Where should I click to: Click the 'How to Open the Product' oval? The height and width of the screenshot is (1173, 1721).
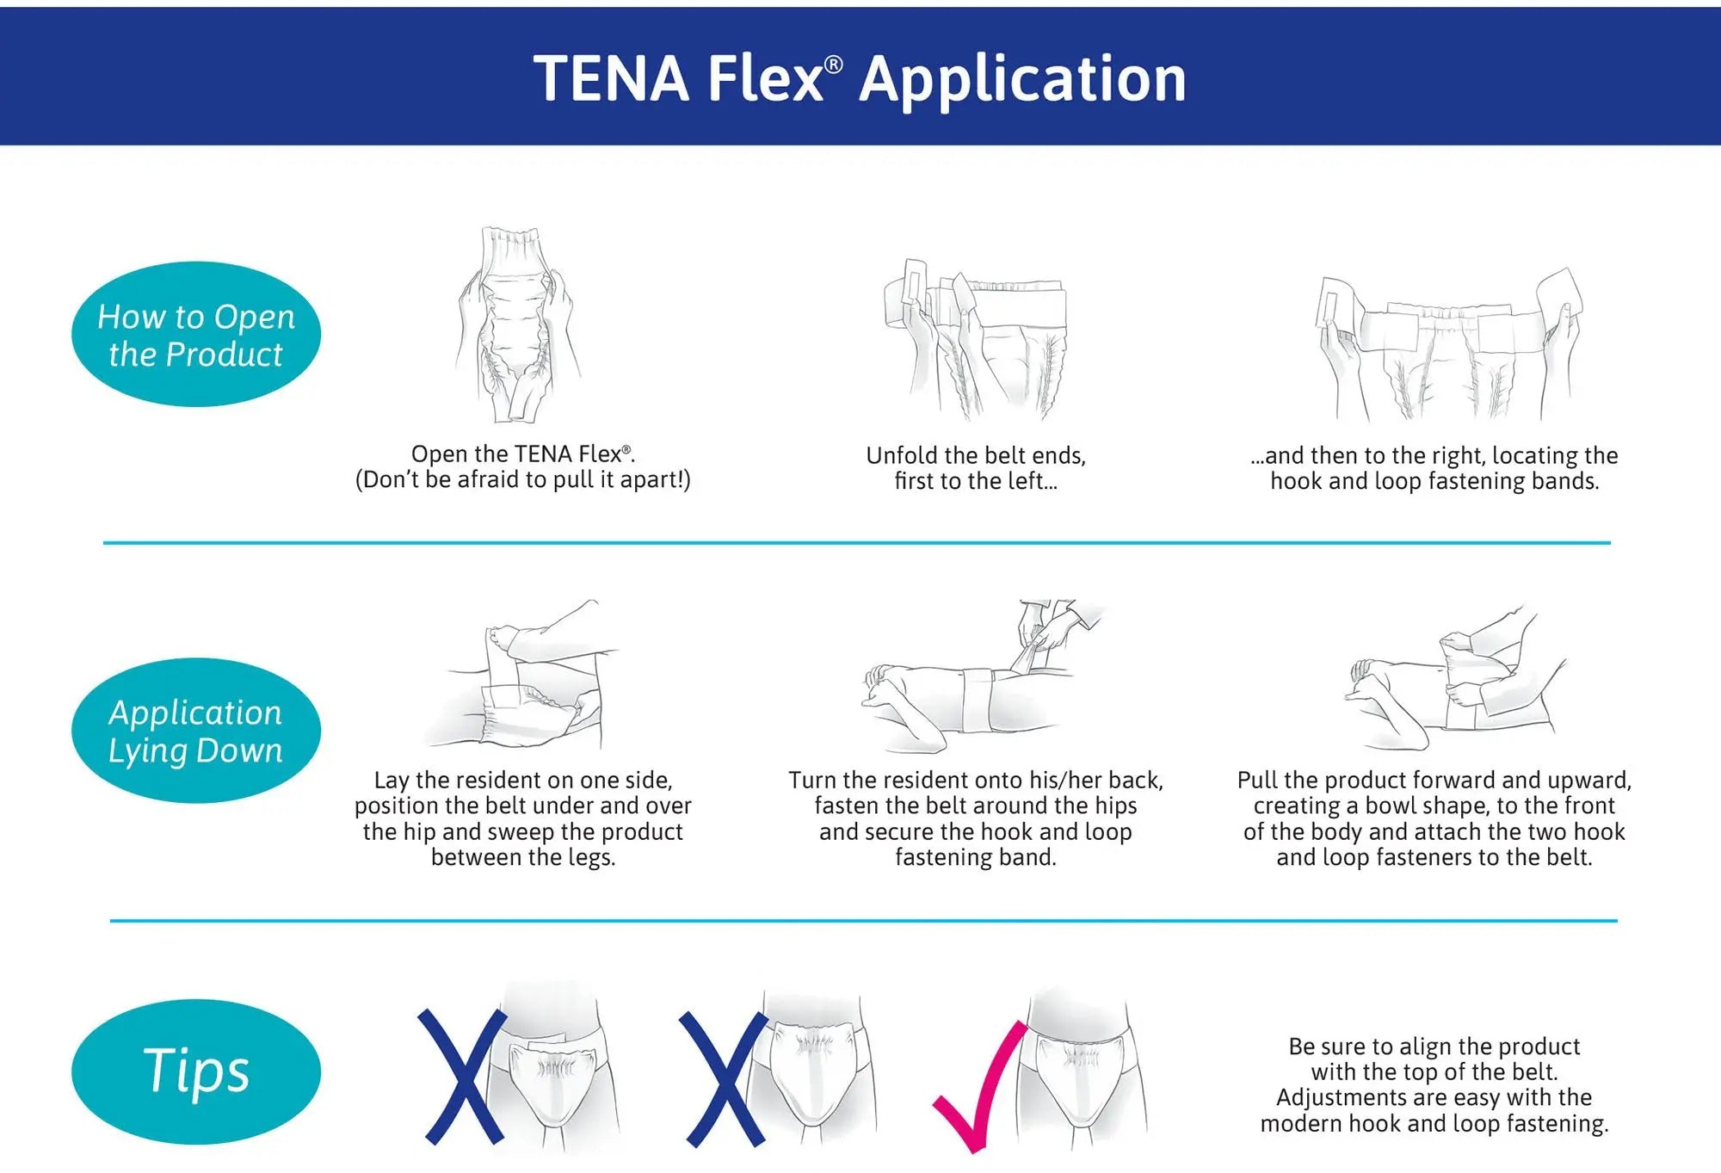196,334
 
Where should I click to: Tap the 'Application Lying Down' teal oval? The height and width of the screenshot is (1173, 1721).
196,731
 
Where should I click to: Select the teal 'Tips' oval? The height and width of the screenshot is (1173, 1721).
196,1071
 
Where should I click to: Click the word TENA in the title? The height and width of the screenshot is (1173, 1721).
611,79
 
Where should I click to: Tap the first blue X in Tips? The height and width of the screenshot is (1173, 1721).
463,1077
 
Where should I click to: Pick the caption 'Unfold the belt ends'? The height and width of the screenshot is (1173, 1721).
976,455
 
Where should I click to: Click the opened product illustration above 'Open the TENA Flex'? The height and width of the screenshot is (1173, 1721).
518,325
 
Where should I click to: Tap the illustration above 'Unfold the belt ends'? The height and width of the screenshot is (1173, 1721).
976,337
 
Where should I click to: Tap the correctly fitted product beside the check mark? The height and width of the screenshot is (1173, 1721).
1080,1076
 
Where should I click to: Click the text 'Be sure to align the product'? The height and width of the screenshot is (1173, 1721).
1434,1046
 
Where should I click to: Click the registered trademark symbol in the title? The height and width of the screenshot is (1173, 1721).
833,65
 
